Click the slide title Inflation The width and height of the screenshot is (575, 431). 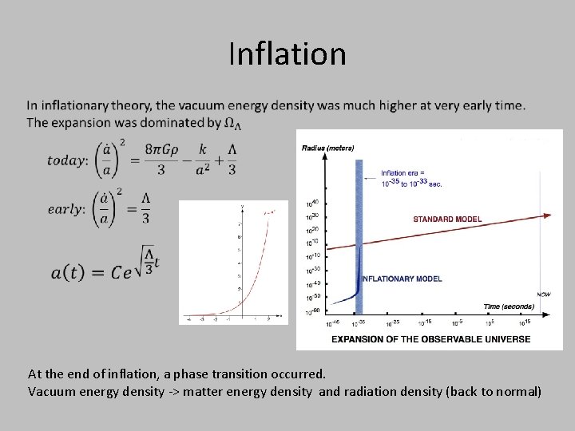pyautogui.click(x=287, y=54)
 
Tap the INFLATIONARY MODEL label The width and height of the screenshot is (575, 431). pyautogui.click(x=402, y=279)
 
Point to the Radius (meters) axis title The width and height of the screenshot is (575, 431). pyautogui.click(x=327, y=148)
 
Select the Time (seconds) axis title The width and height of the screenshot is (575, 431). pyautogui.click(x=510, y=306)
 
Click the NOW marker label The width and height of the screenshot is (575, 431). pyautogui.click(x=543, y=295)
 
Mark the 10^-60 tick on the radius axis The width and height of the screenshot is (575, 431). pyautogui.click(x=312, y=310)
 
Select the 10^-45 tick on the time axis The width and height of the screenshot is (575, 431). pyautogui.click(x=332, y=323)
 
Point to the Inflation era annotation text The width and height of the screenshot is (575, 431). pyautogui.click(x=411, y=178)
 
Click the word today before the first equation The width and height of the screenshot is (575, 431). pyautogui.click(x=68, y=160)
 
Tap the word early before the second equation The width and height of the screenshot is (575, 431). pyautogui.click(x=66, y=208)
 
